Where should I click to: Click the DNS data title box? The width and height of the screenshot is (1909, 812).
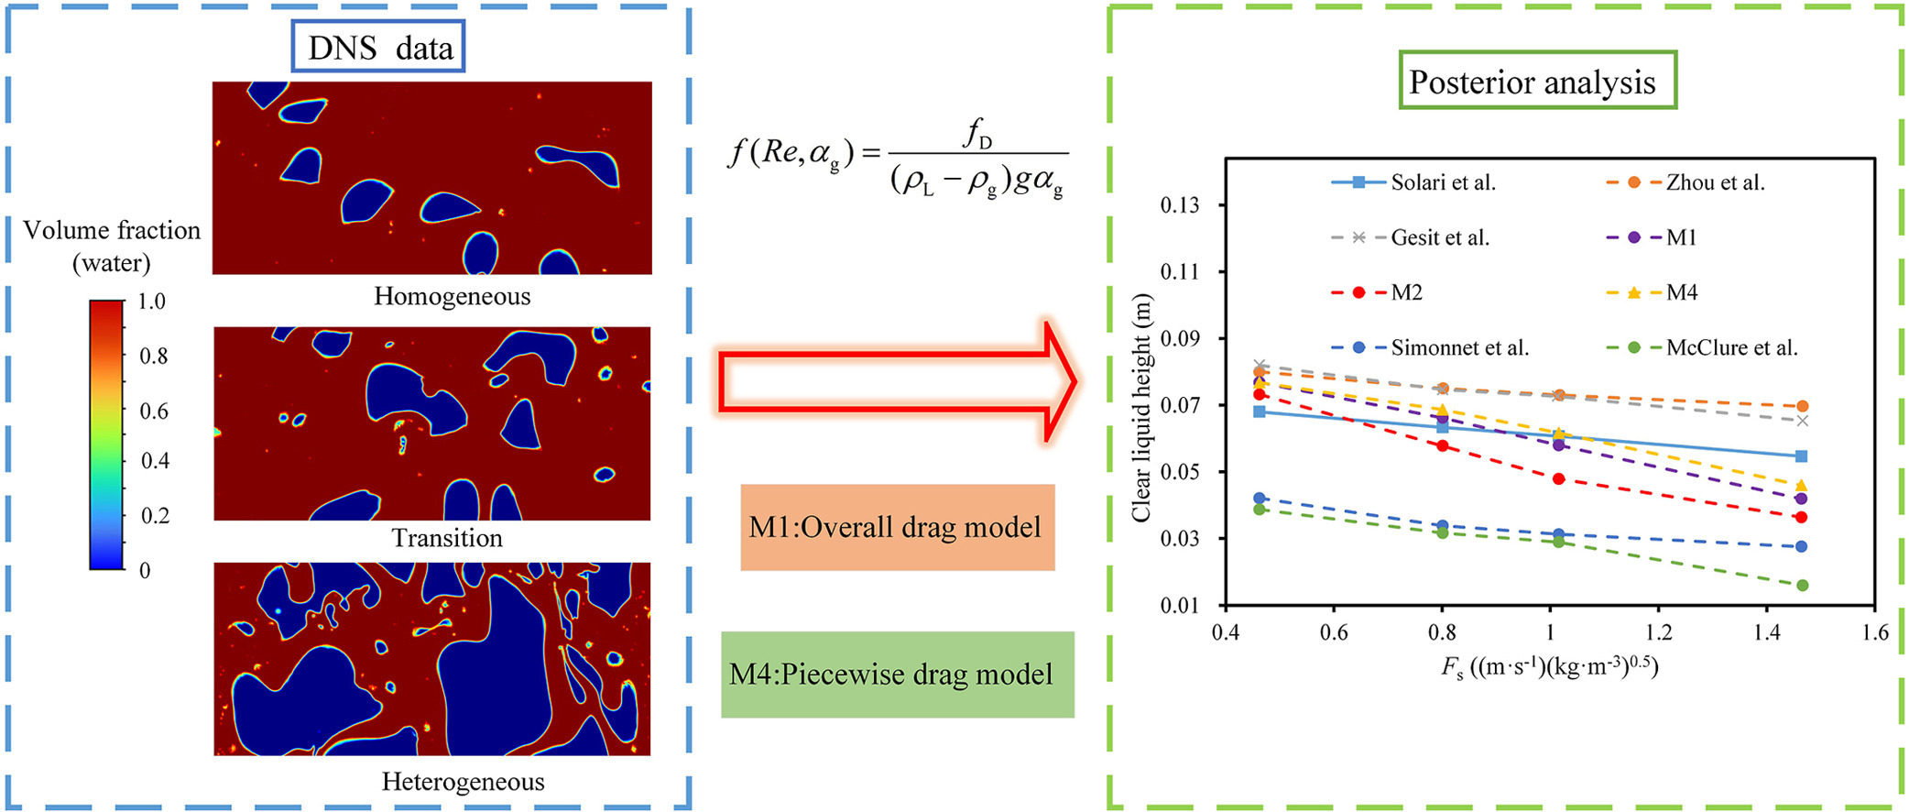[378, 47]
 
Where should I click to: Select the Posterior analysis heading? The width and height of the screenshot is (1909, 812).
[1537, 82]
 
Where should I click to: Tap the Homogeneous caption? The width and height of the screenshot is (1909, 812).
[452, 296]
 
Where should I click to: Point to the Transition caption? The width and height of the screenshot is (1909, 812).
[447, 537]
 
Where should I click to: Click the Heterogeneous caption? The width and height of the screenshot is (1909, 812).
[463, 781]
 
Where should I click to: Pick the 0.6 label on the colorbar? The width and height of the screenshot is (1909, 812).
[154, 411]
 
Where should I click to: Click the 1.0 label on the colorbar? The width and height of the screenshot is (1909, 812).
[152, 302]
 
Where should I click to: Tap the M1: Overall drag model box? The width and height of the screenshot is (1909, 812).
[897, 527]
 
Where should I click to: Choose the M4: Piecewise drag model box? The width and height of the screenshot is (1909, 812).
[897, 675]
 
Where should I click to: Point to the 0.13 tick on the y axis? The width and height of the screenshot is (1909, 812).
[1180, 205]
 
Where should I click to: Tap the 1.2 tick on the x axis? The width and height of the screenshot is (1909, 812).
[1658, 632]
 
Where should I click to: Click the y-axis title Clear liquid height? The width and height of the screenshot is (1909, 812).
[1140, 409]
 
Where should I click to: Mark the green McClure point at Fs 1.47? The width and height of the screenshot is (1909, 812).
[1802, 586]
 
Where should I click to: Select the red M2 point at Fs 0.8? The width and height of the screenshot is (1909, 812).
[1443, 446]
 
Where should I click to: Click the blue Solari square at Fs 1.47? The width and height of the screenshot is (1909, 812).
[1802, 456]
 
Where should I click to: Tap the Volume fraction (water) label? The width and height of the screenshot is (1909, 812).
[112, 246]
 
